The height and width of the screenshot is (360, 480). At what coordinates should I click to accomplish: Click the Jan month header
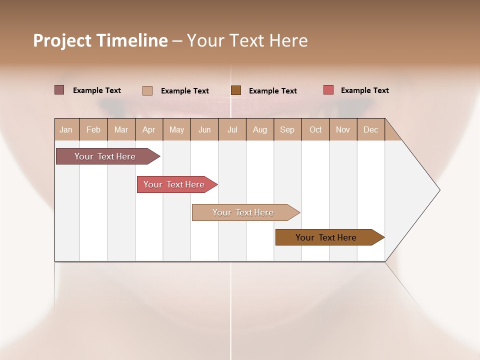click(66, 129)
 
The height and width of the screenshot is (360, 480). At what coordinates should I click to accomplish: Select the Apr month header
click(148, 129)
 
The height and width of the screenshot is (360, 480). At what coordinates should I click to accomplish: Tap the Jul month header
click(232, 129)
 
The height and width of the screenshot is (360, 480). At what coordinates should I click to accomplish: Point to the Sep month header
click(287, 129)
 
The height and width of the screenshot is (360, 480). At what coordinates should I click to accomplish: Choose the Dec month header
click(370, 129)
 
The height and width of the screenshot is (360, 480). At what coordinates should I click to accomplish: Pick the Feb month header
click(93, 129)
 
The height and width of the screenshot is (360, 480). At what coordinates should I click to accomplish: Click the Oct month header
click(315, 129)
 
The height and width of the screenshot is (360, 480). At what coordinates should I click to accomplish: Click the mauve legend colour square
click(59, 90)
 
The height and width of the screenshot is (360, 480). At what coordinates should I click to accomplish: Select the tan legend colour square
click(147, 90)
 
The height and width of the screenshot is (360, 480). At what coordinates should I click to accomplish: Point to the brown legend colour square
click(236, 90)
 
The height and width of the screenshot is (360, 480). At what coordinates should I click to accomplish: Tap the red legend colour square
click(328, 90)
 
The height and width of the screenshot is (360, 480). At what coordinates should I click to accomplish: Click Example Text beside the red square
click(364, 90)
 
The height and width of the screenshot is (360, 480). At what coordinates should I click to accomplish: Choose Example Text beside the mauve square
click(97, 90)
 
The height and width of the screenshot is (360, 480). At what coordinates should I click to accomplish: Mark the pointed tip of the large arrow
click(439, 190)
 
